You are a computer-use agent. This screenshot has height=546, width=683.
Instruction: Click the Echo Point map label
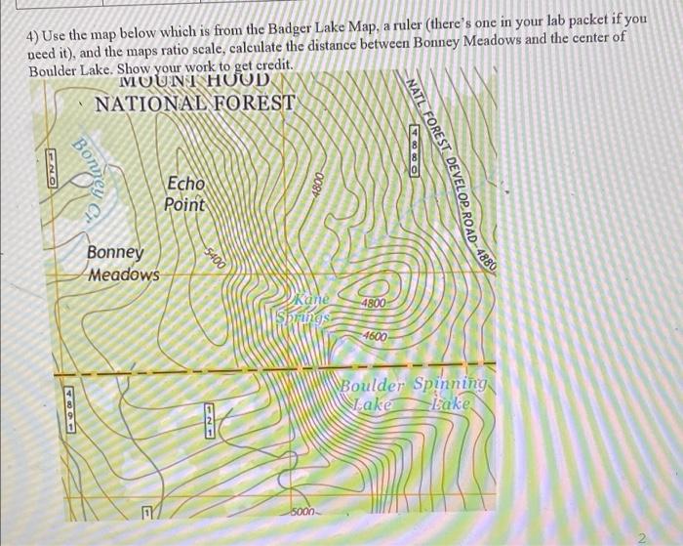(185, 193)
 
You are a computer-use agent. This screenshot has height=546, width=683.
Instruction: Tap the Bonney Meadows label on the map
(122, 264)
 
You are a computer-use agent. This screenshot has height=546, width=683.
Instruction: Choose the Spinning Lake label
(449, 394)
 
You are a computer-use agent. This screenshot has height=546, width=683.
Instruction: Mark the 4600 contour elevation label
(375, 337)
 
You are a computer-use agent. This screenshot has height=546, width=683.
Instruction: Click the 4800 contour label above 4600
(377, 305)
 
